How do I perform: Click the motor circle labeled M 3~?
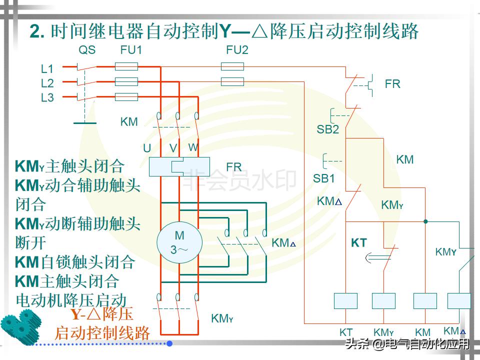(179, 242)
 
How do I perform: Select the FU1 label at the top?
(131, 50)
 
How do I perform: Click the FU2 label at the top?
(237, 50)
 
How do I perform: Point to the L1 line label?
(47, 68)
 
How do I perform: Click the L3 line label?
(47, 98)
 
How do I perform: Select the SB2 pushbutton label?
(327, 129)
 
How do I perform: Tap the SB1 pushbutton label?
(324, 178)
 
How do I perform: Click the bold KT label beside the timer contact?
(359, 243)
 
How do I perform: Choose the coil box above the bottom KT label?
(346, 301)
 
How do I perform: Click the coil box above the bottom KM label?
(425, 301)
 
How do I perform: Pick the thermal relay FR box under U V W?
(179, 166)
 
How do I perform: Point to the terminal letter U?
(147, 148)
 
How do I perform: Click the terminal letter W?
(193, 147)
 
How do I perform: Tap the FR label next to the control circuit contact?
(392, 84)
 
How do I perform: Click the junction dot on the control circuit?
(425, 221)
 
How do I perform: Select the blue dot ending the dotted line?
(169, 343)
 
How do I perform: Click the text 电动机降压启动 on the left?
(70, 300)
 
